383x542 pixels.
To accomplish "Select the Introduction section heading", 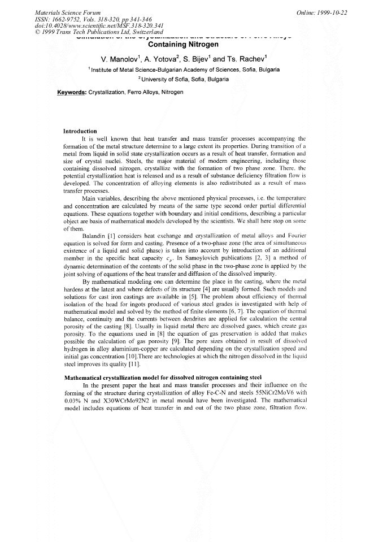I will [80, 131].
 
